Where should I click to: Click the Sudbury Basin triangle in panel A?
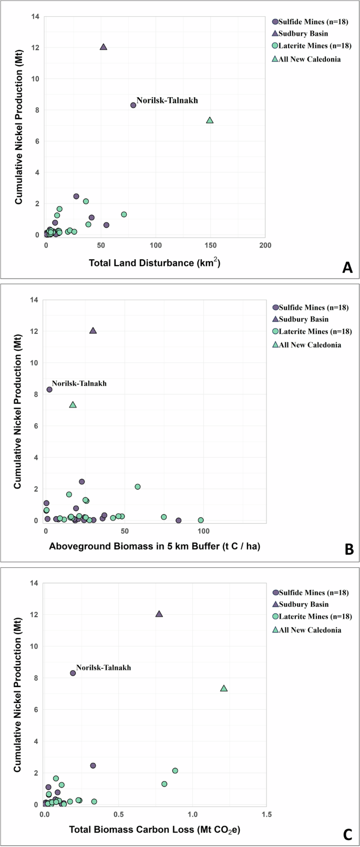(104, 47)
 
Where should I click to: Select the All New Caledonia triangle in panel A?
(210, 120)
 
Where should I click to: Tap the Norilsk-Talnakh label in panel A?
(167, 100)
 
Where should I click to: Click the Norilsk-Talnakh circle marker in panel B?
(49, 390)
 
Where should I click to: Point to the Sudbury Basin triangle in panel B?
(93, 331)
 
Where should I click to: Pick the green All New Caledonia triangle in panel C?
(224, 688)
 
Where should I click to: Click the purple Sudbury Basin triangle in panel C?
(159, 614)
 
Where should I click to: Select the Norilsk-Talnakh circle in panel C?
(73, 673)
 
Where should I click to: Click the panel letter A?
(347, 268)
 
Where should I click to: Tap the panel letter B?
(348, 550)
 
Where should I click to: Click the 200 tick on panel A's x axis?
(265, 245)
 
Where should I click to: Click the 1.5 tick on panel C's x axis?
(266, 815)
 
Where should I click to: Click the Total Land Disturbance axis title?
(154, 262)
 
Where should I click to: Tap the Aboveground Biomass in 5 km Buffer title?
(155, 546)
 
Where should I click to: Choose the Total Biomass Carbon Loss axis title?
(155, 830)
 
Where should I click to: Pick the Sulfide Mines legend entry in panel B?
(311, 307)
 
